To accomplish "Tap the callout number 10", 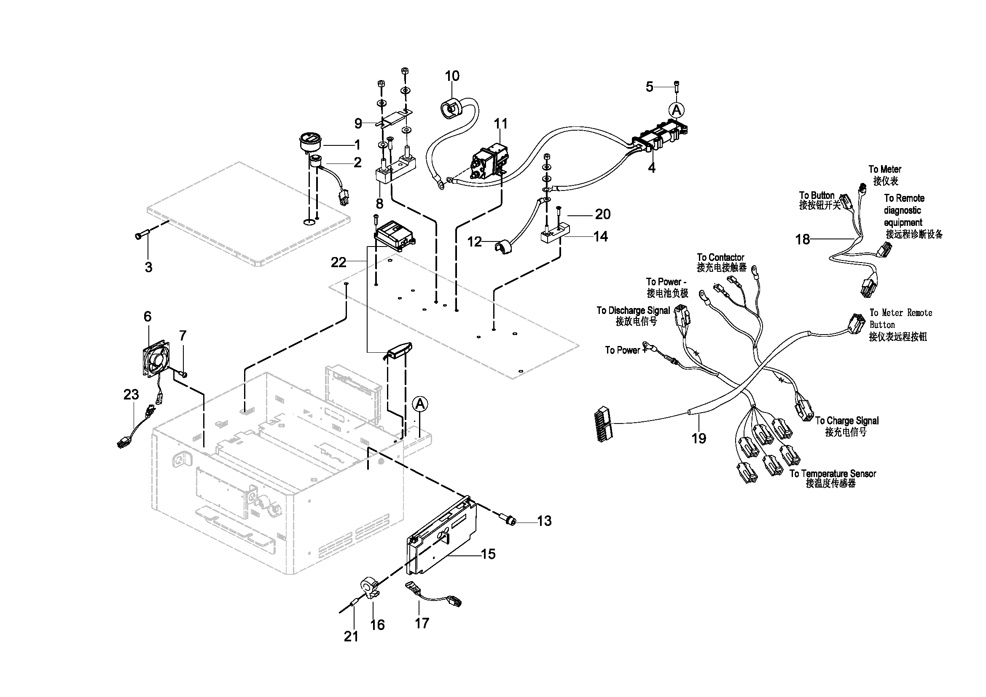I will pos(452,76).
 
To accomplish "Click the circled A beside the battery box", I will pos(419,404).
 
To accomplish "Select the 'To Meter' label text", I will pos(885,169).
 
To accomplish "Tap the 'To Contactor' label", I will pos(720,257).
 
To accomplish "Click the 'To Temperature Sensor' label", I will pos(833,474).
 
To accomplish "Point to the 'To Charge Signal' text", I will pos(846,421).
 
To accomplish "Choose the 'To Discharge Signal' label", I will pos(633,310).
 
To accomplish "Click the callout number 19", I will pos(699,438).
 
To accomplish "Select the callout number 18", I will pos(803,239).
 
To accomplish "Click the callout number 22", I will pos(339,262).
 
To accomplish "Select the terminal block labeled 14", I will pos(552,237).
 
